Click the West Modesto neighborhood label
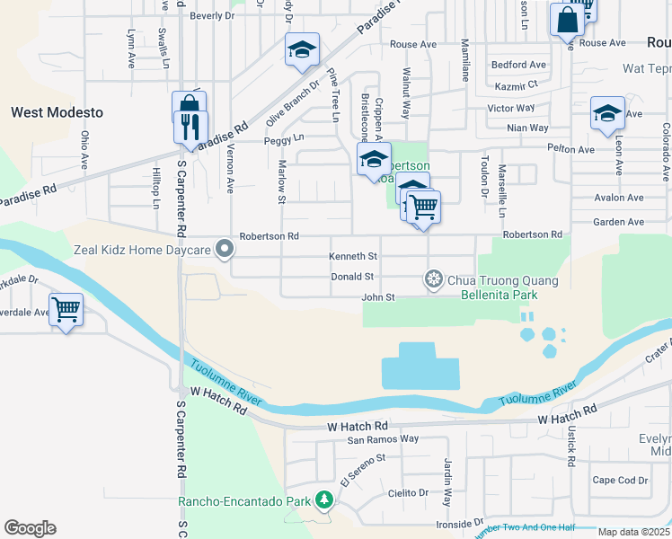click(57, 112)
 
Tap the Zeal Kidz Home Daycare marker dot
click(231, 252)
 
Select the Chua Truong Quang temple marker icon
click(433, 280)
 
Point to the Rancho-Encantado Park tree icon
click(321, 501)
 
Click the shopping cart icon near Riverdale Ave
click(66, 310)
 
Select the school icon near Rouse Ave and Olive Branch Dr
click(303, 49)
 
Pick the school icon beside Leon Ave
click(607, 113)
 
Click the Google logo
click(30, 528)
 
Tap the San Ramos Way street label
click(384, 439)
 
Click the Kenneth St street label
click(353, 257)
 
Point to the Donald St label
click(352, 277)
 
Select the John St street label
click(377, 297)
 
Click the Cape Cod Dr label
click(620, 480)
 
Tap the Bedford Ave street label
click(518, 65)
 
